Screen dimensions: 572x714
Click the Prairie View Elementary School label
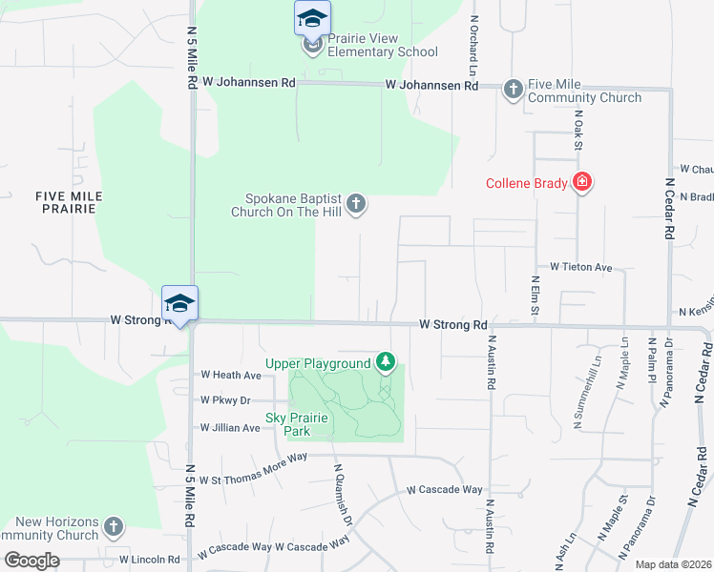coord(382,45)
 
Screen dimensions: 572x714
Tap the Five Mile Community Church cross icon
coord(513,90)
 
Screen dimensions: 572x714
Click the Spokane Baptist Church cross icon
coord(355,202)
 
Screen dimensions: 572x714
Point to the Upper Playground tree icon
coord(385,361)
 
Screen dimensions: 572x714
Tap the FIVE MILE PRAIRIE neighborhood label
coord(69,202)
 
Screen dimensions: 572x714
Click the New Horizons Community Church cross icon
coord(114,526)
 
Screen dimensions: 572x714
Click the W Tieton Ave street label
coord(580,269)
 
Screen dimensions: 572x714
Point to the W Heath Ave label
coord(230,376)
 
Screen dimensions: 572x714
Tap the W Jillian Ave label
coord(229,428)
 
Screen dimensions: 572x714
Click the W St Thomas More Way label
coord(253,457)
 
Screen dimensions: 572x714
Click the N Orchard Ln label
coord(472,45)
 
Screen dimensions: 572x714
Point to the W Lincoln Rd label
coord(150,560)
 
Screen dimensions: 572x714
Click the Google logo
coord(32,561)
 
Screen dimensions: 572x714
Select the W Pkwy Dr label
coord(225,400)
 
